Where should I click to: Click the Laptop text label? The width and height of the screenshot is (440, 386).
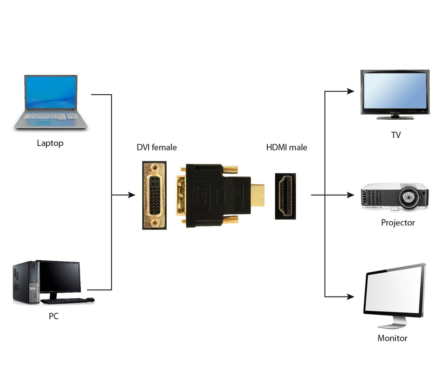point(50,143)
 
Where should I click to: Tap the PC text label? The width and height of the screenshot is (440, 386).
point(53,316)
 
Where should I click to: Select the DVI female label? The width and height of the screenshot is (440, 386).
point(156,148)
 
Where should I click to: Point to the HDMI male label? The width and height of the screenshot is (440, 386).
point(287,148)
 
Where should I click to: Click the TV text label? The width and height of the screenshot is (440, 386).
point(396,135)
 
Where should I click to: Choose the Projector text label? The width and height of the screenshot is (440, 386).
point(398,222)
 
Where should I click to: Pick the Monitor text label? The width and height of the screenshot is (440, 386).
point(392,338)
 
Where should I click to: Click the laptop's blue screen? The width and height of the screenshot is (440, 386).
point(51,93)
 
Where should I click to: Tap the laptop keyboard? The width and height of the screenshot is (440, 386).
point(51,116)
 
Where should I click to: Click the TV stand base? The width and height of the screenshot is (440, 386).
point(395,117)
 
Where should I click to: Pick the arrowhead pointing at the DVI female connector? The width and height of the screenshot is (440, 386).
point(131,195)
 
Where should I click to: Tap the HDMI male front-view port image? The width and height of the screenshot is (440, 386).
point(285,196)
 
